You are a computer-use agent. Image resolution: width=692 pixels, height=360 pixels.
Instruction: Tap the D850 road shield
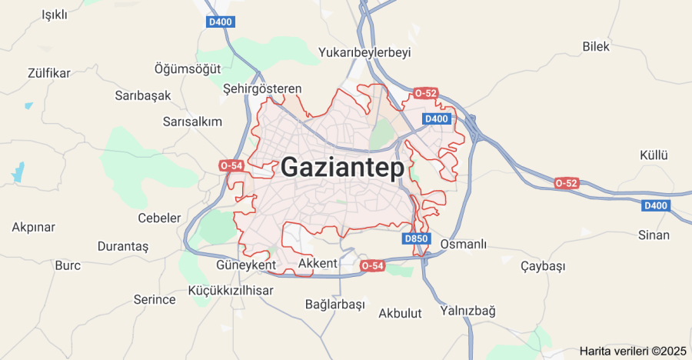pos(415,238)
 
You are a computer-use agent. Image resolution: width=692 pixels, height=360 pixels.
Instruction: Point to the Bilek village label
pos(596,47)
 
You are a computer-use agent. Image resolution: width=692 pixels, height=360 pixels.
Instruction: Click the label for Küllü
pos(655,155)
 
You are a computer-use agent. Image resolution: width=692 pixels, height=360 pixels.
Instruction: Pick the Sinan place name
pos(654,235)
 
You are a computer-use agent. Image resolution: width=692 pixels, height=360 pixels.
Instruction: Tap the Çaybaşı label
pos(543,266)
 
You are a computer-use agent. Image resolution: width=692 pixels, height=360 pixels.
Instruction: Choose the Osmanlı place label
pos(464,245)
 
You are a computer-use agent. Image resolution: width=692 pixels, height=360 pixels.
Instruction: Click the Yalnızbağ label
pos(467,311)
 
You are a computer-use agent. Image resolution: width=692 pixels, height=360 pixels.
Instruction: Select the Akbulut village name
pos(401,313)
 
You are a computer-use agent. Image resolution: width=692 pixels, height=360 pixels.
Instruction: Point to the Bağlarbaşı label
pos(334,304)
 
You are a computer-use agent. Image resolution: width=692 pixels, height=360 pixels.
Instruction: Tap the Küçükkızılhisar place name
pos(231,290)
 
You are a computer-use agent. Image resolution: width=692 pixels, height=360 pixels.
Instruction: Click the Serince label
pos(155,299)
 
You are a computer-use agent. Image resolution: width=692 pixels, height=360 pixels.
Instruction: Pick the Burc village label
pos(68,265)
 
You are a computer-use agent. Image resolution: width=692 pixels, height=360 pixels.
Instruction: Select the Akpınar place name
pos(34,228)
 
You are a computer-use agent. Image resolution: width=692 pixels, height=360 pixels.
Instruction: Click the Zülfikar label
pos(48,73)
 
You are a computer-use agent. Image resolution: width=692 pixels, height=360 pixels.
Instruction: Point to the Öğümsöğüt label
pos(188,68)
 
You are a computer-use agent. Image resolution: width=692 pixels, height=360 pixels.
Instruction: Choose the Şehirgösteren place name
pos(262,89)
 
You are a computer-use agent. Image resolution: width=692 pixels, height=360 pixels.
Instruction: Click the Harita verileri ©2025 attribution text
pos(633,351)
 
